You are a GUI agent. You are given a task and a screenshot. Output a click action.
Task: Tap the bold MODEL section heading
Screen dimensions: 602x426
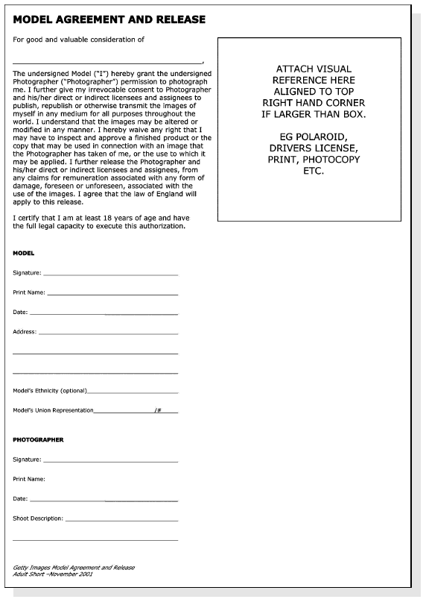coord(24,253)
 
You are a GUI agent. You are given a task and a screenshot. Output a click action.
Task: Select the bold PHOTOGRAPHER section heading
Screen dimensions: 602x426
coord(38,439)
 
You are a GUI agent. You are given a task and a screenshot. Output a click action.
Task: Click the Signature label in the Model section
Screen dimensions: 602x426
coord(27,273)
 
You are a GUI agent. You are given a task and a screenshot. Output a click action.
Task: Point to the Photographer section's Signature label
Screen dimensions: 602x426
coord(27,460)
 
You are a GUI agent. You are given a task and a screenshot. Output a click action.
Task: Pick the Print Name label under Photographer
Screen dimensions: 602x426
coord(29,479)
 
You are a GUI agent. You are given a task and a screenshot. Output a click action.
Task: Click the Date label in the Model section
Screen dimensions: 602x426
coord(20,312)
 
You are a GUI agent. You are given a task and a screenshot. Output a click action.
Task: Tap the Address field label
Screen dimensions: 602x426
coord(25,331)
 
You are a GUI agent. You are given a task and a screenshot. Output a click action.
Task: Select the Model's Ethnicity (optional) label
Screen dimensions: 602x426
coord(50,390)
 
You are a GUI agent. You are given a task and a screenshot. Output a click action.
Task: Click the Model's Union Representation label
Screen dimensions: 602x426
coord(53,410)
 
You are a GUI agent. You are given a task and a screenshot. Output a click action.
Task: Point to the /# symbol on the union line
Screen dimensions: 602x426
coord(159,410)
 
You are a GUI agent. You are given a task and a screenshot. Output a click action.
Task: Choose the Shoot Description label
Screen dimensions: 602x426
coord(38,518)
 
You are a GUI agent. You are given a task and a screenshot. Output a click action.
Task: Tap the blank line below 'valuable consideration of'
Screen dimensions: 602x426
coord(108,61)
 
